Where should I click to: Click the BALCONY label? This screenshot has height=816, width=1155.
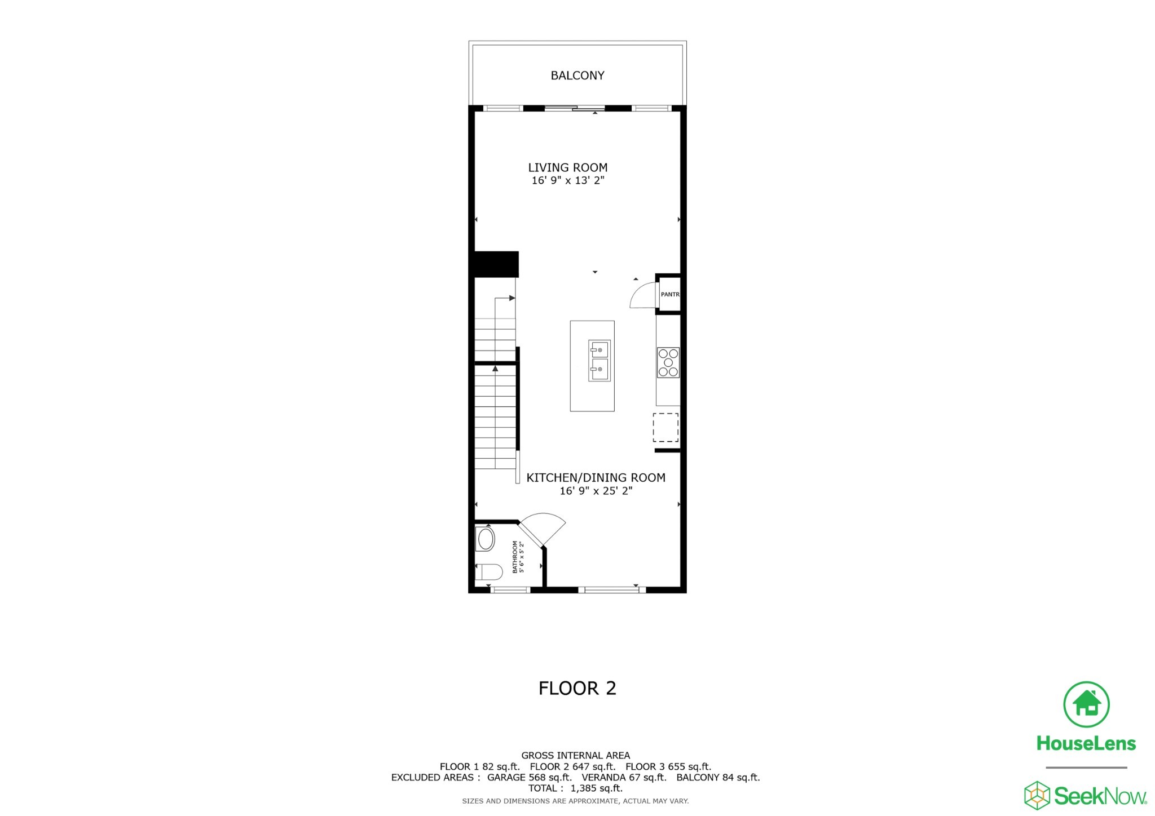click(x=577, y=76)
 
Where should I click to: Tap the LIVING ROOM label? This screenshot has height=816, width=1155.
click(x=567, y=167)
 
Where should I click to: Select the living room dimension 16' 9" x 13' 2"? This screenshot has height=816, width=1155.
click(x=567, y=180)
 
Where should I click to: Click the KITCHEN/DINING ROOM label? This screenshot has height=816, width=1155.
click(x=596, y=478)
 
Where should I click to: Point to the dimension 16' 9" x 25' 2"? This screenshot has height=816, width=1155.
click(x=596, y=491)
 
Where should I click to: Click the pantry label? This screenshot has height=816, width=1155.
click(x=670, y=294)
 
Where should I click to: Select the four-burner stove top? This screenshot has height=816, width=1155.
click(x=668, y=362)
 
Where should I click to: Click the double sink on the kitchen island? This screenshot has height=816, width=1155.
click(x=599, y=361)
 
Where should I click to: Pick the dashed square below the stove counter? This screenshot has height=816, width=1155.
click(x=665, y=428)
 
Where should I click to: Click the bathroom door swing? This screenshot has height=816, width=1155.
click(x=544, y=527)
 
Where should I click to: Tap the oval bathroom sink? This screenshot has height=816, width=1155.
click(x=486, y=539)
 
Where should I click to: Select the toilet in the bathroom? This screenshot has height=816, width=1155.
click(x=488, y=572)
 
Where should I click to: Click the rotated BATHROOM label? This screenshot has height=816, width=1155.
click(x=518, y=557)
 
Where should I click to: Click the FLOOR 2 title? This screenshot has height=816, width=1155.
click(x=577, y=688)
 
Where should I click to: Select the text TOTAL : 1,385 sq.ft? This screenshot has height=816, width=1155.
click(x=575, y=788)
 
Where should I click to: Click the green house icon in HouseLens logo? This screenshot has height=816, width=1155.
click(x=1086, y=704)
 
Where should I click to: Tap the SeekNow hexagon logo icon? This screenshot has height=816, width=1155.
click(x=1037, y=795)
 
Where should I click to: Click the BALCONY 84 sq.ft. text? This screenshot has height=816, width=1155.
click(x=718, y=778)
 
